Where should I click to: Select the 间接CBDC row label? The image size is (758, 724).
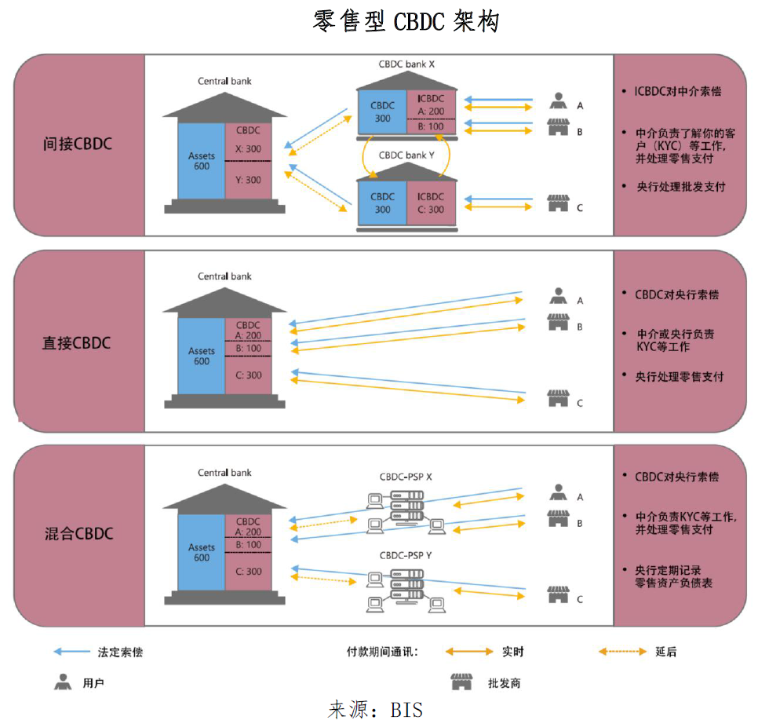pyautogui.click(x=78, y=144)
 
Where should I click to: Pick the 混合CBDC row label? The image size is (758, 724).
pyautogui.click(x=78, y=533)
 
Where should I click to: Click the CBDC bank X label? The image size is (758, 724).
pyautogui.click(x=406, y=63)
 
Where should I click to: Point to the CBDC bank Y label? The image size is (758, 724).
pyautogui.click(x=406, y=155)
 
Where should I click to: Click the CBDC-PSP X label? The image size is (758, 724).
pyautogui.click(x=406, y=477)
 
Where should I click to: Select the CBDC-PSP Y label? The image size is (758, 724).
pyautogui.click(x=406, y=555)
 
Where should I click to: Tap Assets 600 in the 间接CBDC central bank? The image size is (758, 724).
pyautogui.click(x=202, y=161)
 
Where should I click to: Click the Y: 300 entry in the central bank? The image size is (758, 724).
pyautogui.click(x=248, y=180)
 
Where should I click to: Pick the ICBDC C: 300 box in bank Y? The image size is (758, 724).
pyautogui.click(x=431, y=203)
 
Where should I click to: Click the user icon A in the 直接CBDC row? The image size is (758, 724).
pyautogui.click(x=558, y=297)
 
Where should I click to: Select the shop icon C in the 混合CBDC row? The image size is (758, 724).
pyautogui.click(x=558, y=595)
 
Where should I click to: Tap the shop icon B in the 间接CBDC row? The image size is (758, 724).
pyautogui.click(x=558, y=128)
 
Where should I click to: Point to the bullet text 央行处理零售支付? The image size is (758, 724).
pyautogui.click(x=680, y=376)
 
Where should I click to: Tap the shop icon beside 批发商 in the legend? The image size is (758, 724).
pyautogui.click(x=461, y=681)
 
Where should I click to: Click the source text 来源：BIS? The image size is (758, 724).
pyautogui.click(x=376, y=709)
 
